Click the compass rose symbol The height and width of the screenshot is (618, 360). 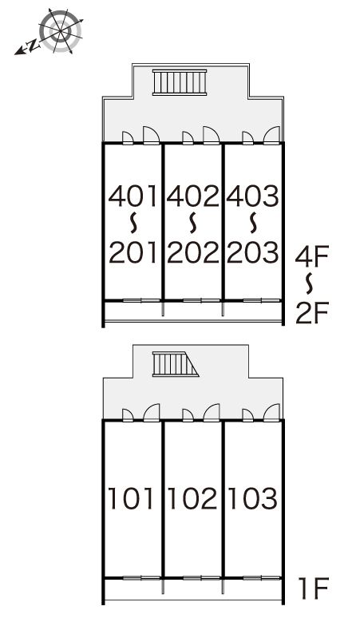click(x=60, y=31)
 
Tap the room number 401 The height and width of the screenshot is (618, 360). click(x=133, y=196)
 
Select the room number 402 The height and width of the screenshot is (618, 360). click(x=193, y=196)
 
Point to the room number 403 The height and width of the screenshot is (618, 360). click(x=253, y=196)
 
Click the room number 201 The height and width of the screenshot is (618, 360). click(x=133, y=252)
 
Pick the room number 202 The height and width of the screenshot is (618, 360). click(x=193, y=252)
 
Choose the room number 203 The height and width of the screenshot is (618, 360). click(x=253, y=252)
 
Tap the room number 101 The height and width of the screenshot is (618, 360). click(x=131, y=498)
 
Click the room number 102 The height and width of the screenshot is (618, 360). click(x=192, y=498)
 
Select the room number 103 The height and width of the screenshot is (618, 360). click(x=253, y=498)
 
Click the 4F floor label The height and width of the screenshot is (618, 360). click(x=312, y=256)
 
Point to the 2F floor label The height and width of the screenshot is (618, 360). click(x=312, y=312)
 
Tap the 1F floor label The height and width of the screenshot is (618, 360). click(x=313, y=588)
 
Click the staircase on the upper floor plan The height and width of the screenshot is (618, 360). click(x=180, y=82)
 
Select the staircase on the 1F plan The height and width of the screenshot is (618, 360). click(x=176, y=364)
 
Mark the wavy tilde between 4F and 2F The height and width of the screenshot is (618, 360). click(x=310, y=283)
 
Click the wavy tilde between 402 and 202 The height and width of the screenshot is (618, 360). click(x=193, y=223)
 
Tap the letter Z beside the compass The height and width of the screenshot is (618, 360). click(x=34, y=46)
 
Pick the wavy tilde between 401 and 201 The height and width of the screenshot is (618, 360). click(x=134, y=223)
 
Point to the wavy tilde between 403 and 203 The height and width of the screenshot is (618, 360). click(x=254, y=223)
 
